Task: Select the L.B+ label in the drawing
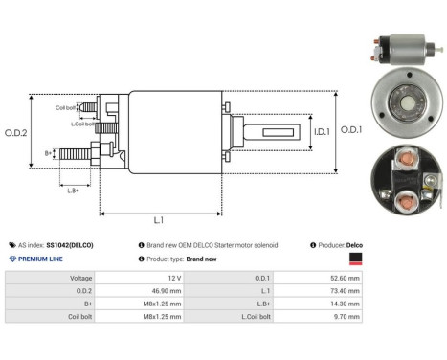pos(75,191)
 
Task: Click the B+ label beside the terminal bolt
pos(49,153)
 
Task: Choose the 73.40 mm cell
pos(334,291)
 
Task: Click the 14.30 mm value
pos(334,305)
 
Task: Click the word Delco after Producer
pos(354,245)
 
